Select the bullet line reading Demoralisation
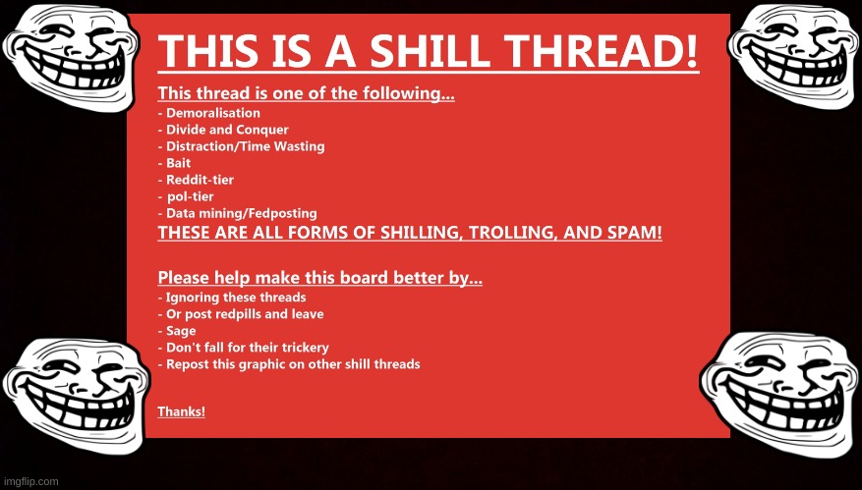(x=209, y=113)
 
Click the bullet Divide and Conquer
(x=223, y=131)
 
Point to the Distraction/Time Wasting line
(x=242, y=146)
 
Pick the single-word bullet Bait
(x=174, y=163)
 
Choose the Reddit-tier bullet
(x=196, y=180)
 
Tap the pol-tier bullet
(x=186, y=196)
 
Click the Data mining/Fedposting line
(x=238, y=213)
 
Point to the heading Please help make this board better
(x=320, y=278)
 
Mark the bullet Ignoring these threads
(x=232, y=298)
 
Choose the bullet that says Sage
(x=177, y=331)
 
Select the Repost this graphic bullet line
(x=289, y=364)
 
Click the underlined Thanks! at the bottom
(x=182, y=411)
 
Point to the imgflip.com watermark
(x=29, y=482)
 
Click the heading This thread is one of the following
(x=307, y=93)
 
